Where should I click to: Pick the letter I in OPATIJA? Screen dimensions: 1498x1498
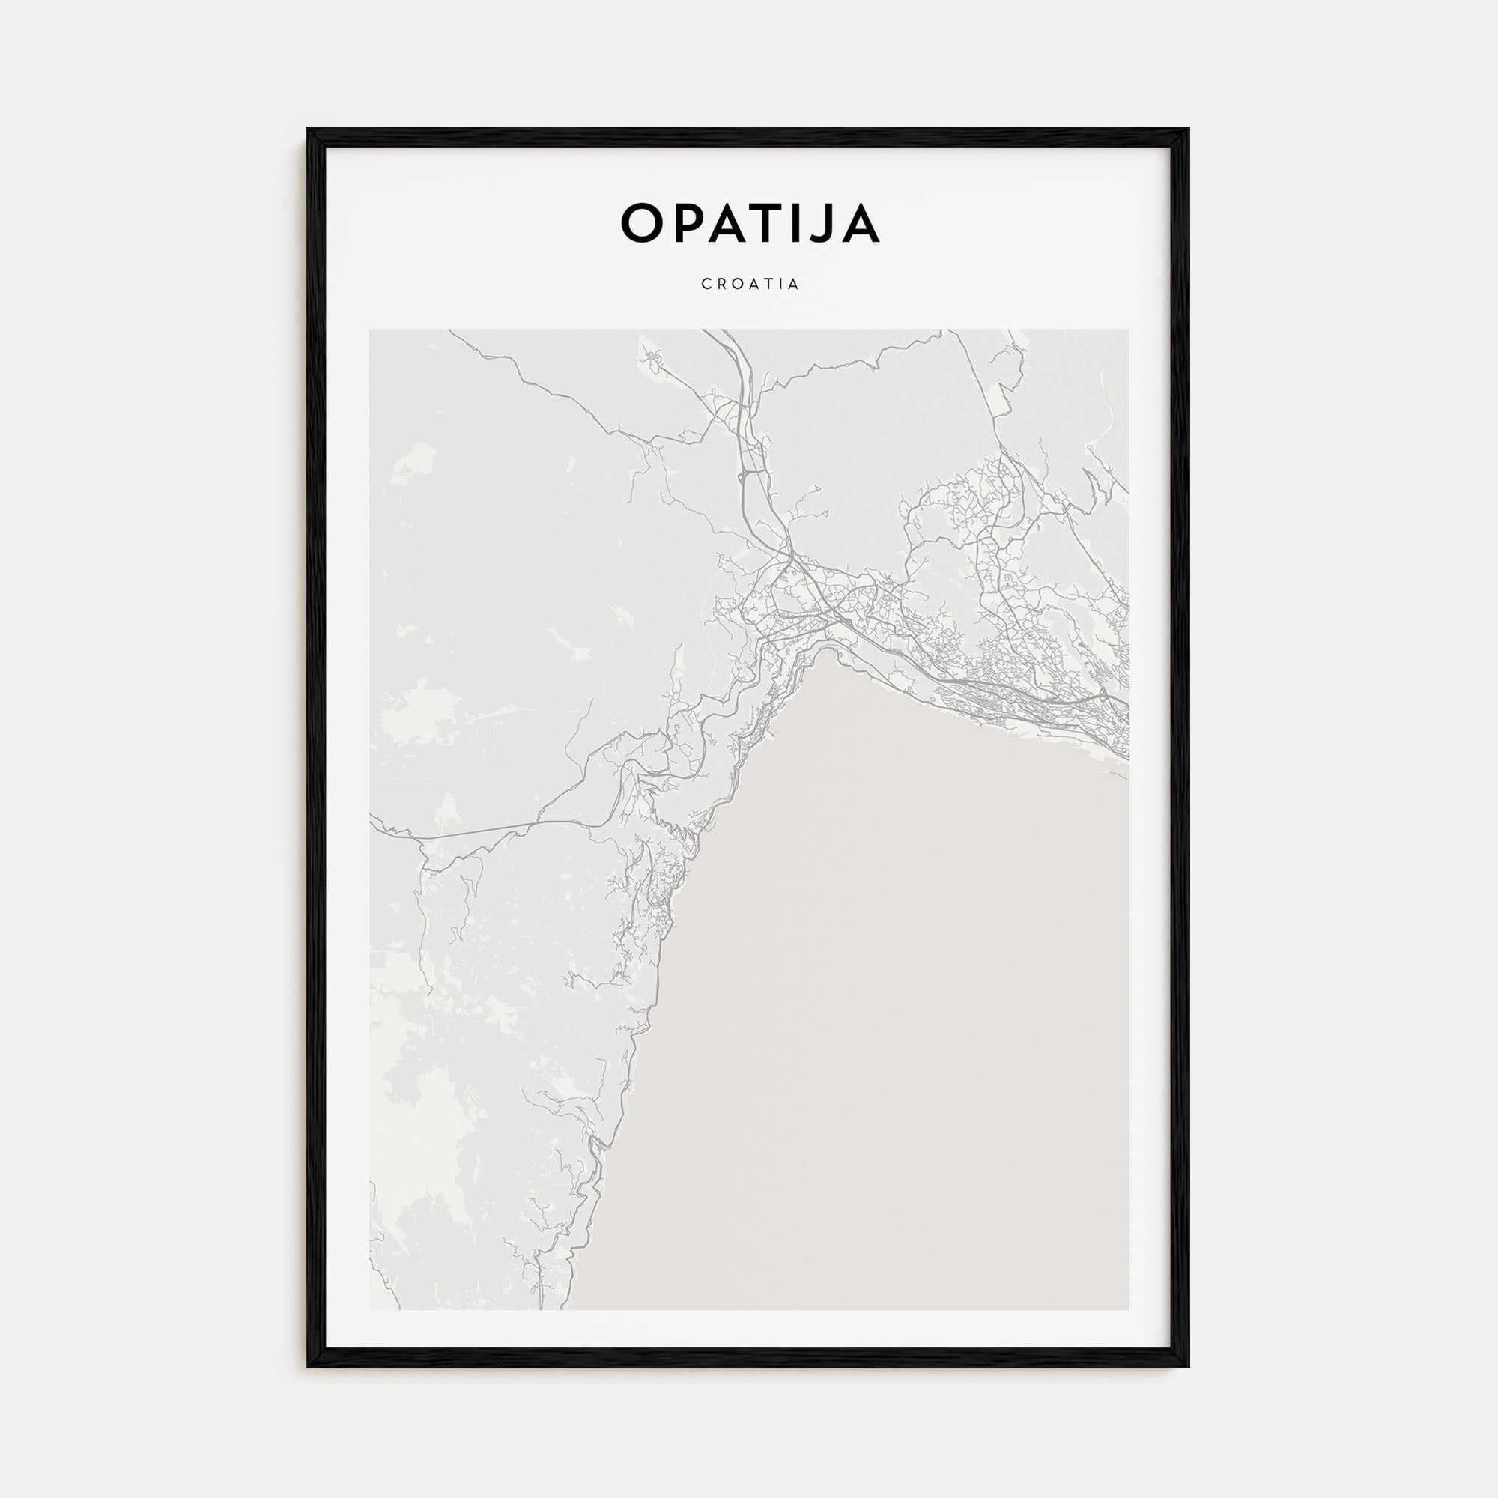coord(807,223)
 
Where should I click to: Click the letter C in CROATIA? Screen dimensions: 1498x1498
coord(706,285)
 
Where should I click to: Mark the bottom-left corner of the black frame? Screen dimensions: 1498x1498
coord(309,1366)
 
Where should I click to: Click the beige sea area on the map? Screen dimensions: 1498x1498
coord(891,1008)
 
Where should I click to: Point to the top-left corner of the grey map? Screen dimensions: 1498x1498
coord(371,330)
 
